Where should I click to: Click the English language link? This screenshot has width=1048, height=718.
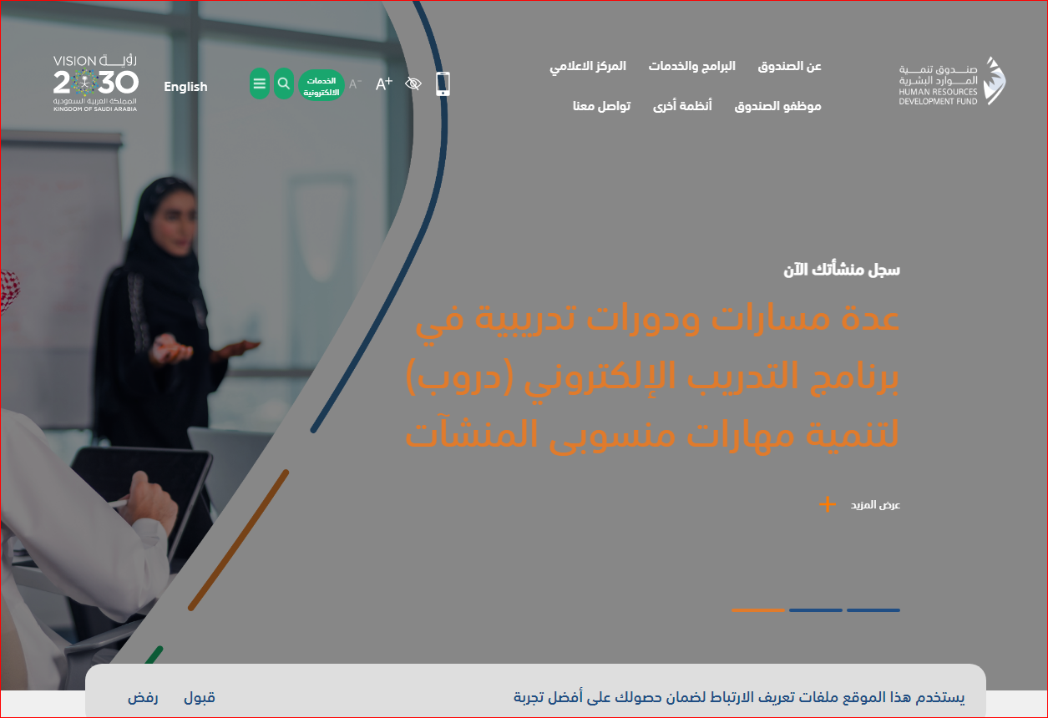pyautogui.click(x=185, y=87)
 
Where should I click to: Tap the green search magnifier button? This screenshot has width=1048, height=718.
pyautogui.click(x=284, y=83)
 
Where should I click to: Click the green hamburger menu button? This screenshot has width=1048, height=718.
pyautogui.click(x=259, y=83)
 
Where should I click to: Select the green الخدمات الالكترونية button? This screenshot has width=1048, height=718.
pyautogui.click(x=321, y=85)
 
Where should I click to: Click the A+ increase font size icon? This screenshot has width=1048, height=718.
pyautogui.click(x=383, y=83)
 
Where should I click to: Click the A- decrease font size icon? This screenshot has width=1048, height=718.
pyautogui.click(x=355, y=84)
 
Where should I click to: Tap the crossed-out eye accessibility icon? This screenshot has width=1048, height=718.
pyautogui.click(x=413, y=83)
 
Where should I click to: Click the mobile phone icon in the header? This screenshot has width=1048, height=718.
pyautogui.click(x=443, y=84)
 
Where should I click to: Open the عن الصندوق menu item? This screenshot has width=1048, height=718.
pyautogui.click(x=789, y=67)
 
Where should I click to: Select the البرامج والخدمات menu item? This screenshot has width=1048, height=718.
pyautogui.click(x=691, y=67)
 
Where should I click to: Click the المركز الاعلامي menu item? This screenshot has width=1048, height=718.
pyautogui.click(x=588, y=67)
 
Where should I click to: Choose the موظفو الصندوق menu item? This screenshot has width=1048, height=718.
pyautogui.click(x=777, y=107)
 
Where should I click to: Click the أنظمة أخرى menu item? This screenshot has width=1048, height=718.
pyautogui.click(x=682, y=106)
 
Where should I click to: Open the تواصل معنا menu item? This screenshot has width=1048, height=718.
pyautogui.click(x=601, y=106)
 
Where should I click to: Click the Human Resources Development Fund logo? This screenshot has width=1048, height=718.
pyautogui.click(x=952, y=81)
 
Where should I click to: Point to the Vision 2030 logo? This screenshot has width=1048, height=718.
pyautogui.click(x=95, y=83)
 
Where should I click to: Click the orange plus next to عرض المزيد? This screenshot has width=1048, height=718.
pyautogui.click(x=828, y=504)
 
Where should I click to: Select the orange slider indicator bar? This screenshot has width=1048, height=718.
pyautogui.click(x=758, y=610)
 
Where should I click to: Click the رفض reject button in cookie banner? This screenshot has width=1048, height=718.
pyautogui.click(x=143, y=697)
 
